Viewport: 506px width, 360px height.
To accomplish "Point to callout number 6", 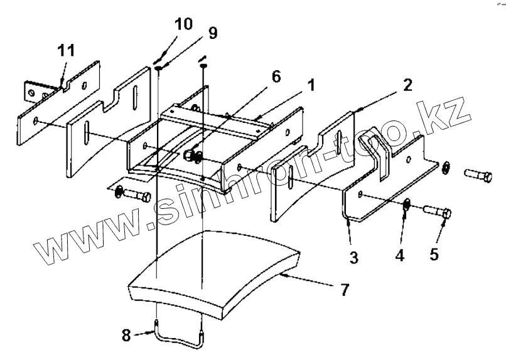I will (x=275, y=76).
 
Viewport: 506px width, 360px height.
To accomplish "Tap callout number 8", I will (x=126, y=335).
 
